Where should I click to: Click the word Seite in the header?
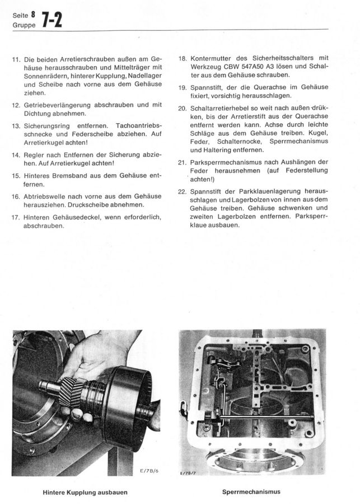click(20, 16)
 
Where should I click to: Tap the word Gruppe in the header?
click(22, 26)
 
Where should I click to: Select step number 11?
click(15, 59)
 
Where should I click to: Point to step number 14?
click(15, 154)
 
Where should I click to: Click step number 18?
click(182, 58)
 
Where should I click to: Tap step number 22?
click(182, 192)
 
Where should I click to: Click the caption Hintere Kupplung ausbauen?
click(85, 492)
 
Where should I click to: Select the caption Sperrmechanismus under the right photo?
click(251, 492)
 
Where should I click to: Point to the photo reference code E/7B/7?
click(189, 473)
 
